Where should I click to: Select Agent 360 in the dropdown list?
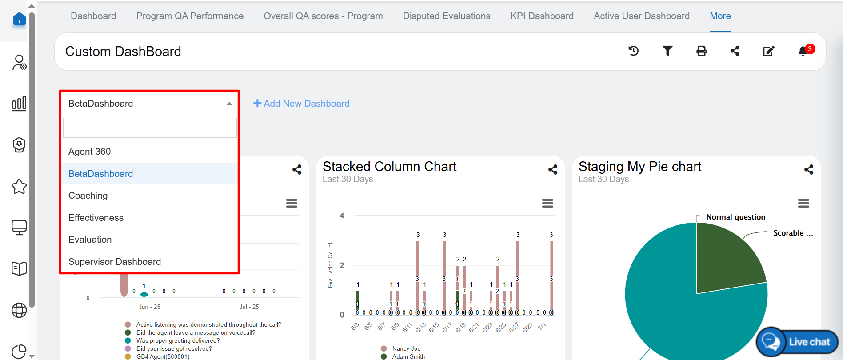click(90, 152)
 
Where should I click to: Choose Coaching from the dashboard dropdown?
click(88, 196)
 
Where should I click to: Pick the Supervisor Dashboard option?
click(115, 262)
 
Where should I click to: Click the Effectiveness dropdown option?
click(96, 218)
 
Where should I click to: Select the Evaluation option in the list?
click(90, 240)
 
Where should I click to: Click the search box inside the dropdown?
click(150, 128)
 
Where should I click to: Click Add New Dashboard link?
click(301, 104)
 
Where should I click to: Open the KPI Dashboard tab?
click(542, 16)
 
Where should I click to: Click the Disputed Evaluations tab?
click(446, 16)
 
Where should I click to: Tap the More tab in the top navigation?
click(720, 16)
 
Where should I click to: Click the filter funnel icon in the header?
click(667, 51)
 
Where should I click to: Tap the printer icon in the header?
click(701, 51)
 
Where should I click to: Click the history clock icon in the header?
click(634, 51)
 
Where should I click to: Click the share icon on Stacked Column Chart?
click(553, 169)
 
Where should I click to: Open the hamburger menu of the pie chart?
click(803, 204)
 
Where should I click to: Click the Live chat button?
click(797, 342)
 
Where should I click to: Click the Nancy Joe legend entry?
click(406, 349)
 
